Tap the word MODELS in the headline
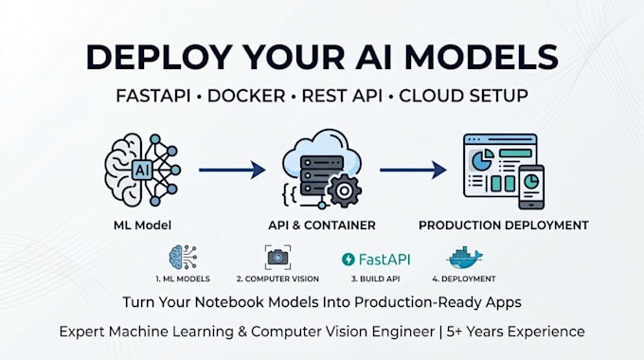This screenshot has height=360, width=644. point(481,57)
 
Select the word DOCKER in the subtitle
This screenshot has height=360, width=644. point(246,96)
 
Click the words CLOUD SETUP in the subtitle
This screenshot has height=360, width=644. point(463,96)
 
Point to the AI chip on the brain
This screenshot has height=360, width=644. point(142,170)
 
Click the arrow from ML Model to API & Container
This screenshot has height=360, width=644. point(232,170)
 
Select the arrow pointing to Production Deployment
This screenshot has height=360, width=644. point(413,170)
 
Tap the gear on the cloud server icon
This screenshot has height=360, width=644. point(344,190)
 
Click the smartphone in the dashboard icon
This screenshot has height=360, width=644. point(531,187)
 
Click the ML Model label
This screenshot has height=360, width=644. point(142,225)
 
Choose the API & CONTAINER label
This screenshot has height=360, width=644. point(322,225)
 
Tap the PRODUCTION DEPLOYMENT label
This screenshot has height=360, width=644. point(504,225)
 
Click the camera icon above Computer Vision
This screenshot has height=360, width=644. point(277,258)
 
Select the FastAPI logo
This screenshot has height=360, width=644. point(376,260)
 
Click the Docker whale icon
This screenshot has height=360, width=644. point(464,258)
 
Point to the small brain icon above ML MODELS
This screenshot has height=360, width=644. point(183,258)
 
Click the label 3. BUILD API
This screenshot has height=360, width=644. point(375,279)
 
